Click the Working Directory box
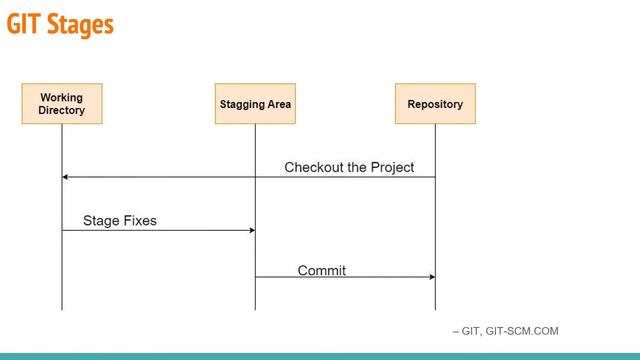61,104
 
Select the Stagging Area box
255,104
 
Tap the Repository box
435,104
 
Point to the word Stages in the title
81,25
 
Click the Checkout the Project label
349,167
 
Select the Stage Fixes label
119,220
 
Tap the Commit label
322,270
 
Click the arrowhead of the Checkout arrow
66,177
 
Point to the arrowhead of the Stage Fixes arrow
251,230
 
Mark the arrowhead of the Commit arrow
431,277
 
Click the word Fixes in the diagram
138,220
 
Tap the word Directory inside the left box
61,110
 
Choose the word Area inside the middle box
278,104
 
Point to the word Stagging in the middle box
241,104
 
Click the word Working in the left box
61,97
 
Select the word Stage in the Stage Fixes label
100,220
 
